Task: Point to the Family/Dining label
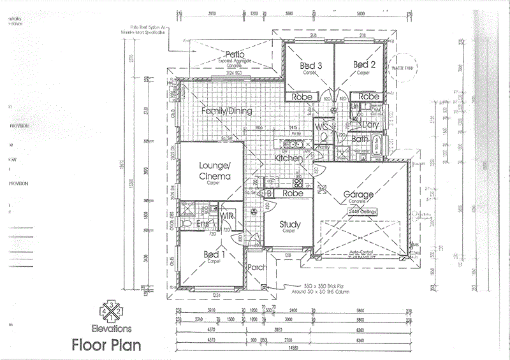coord(226,111)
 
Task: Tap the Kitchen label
coord(288,157)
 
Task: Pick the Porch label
coord(257,268)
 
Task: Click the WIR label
coord(227,217)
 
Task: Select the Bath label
coord(360,138)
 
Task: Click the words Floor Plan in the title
coord(106,346)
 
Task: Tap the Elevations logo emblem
coord(111,311)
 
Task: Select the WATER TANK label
coord(403,67)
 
